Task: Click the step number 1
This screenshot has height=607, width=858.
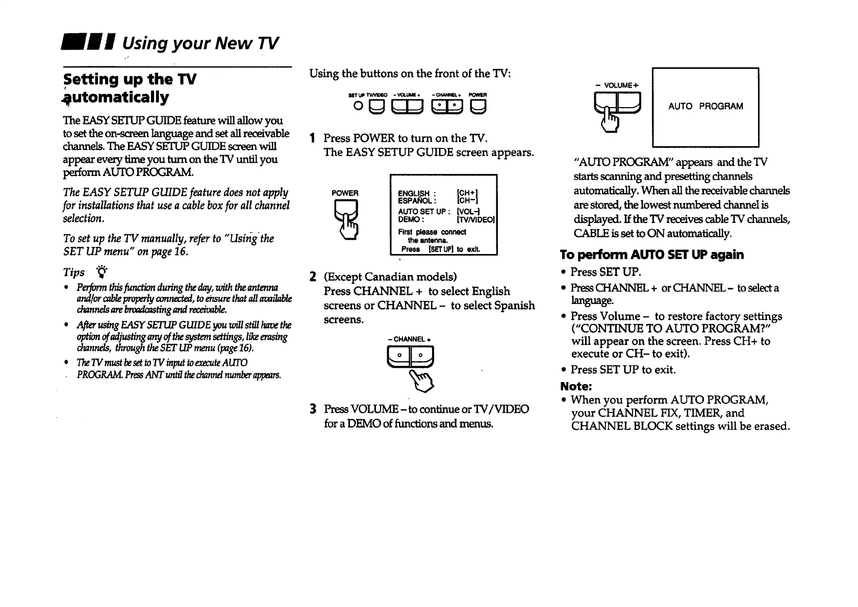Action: click(x=313, y=138)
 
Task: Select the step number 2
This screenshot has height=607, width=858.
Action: click(x=313, y=277)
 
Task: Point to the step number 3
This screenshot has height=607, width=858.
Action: click(x=313, y=409)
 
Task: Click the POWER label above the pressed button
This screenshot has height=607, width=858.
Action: click(x=345, y=193)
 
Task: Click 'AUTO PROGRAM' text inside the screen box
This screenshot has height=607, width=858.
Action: click(x=705, y=106)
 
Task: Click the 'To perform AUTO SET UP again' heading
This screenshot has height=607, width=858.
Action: click(x=651, y=255)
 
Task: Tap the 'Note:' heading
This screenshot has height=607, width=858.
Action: click(x=575, y=386)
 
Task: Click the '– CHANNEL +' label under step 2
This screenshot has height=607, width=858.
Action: click(x=410, y=339)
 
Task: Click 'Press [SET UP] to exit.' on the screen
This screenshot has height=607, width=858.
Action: click(x=440, y=249)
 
